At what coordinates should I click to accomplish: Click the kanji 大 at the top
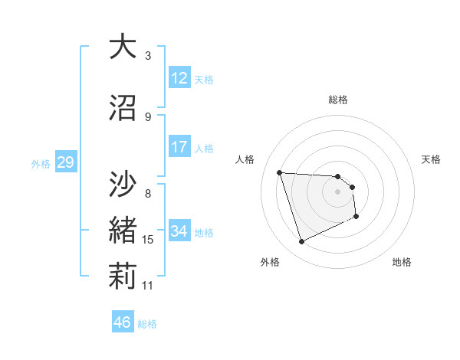(x=123, y=47)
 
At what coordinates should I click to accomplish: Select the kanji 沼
(x=123, y=109)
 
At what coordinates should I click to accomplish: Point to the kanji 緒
(x=123, y=231)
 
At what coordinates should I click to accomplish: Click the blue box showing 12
(x=179, y=78)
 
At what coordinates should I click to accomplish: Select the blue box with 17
(x=179, y=147)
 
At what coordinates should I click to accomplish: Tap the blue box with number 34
(x=179, y=231)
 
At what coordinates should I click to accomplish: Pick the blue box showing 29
(x=65, y=162)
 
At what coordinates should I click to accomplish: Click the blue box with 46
(x=123, y=322)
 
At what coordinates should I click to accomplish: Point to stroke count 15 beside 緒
(x=148, y=240)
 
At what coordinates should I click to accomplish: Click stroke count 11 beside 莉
(x=148, y=286)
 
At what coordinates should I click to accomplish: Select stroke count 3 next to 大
(x=148, y=55)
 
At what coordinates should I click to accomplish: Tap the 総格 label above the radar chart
(x=337, y=100)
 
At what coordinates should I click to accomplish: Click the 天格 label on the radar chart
(x=431, y=159)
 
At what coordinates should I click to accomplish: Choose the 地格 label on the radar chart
(x=402, y=262)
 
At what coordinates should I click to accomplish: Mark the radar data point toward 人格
(x=280, y=172)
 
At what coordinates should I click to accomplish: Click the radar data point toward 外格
(x=301, y=242)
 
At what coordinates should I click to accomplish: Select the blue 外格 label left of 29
(x=40, y=163)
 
